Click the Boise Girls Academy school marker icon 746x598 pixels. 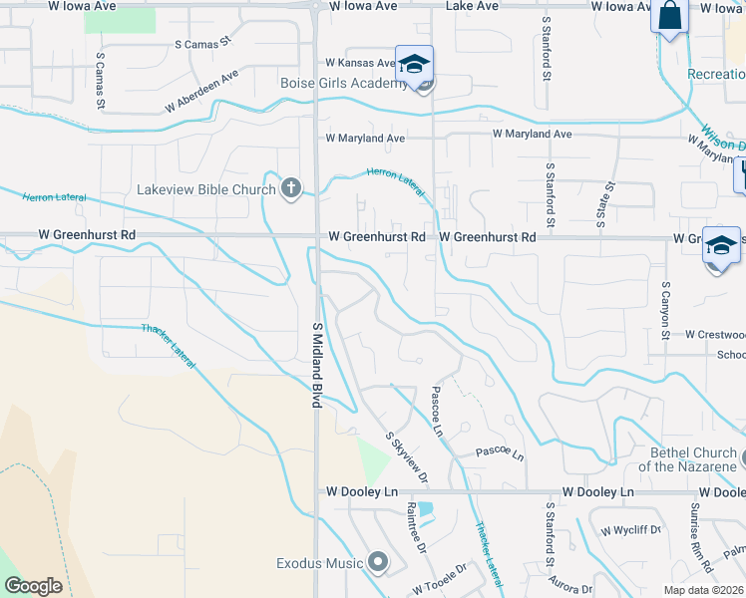414,64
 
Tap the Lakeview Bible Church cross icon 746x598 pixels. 290,188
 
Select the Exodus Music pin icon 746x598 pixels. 378,563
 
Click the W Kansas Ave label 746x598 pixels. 361,63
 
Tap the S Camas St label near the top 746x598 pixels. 202,44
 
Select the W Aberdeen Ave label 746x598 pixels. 202,90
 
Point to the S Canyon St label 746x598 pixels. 664,309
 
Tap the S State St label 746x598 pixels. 601,204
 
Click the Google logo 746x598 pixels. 33,586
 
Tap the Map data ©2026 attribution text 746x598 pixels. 704,590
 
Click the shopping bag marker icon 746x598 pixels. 669,18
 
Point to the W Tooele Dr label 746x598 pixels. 436,579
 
